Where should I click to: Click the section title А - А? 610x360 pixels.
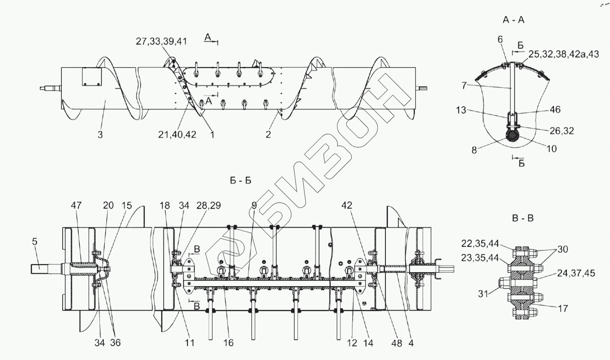513,20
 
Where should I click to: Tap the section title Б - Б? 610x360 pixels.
241,180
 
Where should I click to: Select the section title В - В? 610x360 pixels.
523,218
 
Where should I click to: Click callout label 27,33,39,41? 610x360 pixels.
161,41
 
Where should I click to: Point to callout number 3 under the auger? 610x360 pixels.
100,134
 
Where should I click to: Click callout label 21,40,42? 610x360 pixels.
177,134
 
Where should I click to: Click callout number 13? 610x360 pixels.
461,110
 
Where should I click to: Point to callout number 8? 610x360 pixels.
474,150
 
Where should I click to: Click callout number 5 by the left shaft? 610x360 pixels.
35,242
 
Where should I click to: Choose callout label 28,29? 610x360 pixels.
208,205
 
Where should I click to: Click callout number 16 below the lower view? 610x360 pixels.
228,343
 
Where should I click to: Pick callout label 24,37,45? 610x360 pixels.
576,273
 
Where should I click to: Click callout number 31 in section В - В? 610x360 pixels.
483,294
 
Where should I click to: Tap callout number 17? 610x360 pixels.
563,308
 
